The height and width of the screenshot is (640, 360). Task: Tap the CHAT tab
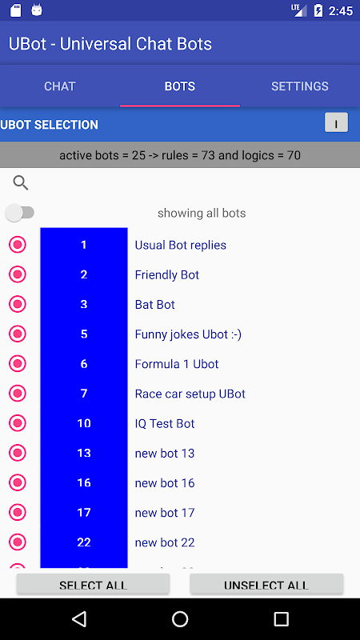coord(59,86)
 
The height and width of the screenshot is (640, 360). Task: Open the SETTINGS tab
coord(299,86)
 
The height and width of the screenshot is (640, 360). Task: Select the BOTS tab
coord(180,86)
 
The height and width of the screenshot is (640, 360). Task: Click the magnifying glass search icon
coord(21,183)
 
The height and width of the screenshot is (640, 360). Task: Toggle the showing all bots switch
coord(19,213)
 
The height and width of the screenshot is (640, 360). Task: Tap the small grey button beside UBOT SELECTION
coord(336,122)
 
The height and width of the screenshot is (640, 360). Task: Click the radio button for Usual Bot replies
coord(18,245)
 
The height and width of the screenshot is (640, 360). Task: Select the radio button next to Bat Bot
coord(18,304)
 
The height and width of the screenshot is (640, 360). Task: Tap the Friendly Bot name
coord(167,274)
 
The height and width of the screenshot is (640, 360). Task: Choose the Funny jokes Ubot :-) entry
coord(188,334)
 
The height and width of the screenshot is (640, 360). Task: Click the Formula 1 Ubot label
coord(177,364)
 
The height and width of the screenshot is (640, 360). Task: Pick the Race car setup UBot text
coord(190,394)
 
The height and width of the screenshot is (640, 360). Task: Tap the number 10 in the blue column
coord(84,423)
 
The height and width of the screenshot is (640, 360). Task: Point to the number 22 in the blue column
coord(84,542)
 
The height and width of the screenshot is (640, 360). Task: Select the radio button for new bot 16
coord(18,482)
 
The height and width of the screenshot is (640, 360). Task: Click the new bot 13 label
coord(165,453)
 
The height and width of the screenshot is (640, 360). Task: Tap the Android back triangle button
coord(79,618)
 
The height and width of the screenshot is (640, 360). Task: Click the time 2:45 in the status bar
coord(341,10)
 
